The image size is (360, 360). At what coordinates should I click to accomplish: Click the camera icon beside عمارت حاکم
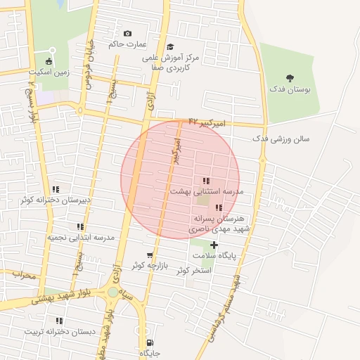pyautogui.click(x=127, y=34)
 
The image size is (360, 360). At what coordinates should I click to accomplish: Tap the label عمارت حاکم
pyautogui.click(x=127, y=44)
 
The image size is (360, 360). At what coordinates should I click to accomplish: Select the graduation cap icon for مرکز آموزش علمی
pyautogui.click(x=170, y=46)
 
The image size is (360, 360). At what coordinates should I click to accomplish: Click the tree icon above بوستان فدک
pyautogui.click(x=290, y=78)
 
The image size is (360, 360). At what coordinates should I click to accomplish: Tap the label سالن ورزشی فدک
pyautogui.click(x=281, y=139)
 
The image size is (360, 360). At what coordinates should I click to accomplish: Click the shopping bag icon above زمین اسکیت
pyautogui.click(x=50, y=61)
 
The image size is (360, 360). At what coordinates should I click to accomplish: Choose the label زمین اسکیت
pyautogui.click(x=49, y=72)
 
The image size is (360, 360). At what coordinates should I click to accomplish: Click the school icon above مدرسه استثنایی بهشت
pyautogui.click(x=205, y=181)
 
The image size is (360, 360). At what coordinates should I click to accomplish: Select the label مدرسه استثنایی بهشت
pyautogui.click(x=206, y=191)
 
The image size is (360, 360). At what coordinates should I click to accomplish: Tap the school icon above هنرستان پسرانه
pyautogui.click(x=219, y=208)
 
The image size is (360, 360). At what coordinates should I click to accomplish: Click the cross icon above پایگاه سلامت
pyautogui.click(x=214, y=245)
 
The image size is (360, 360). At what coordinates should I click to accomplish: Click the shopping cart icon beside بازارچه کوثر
pyautogui.click(x=149, y=255)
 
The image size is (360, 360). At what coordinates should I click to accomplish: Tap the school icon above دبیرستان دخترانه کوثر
pyautogui.click(x=55, y=190)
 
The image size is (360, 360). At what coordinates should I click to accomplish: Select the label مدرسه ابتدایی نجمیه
pyautogui.click(x=81, y=238)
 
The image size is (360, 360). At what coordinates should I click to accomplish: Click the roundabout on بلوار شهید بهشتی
pyautogui.click(x=113, y=292)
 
